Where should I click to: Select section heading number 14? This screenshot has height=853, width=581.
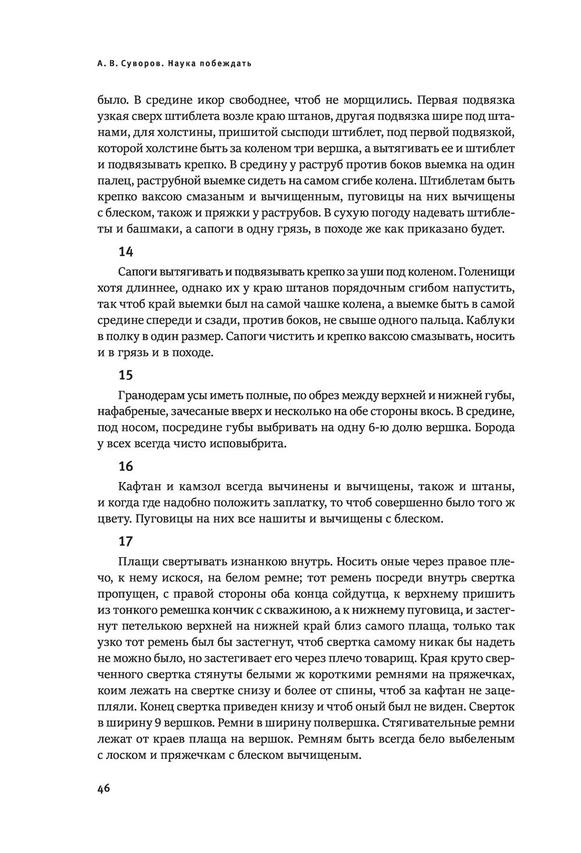[x=125, y=252]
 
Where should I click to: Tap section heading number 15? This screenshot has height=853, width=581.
[x=125, y=375]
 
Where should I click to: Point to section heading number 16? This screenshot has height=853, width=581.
[x=125, y=466]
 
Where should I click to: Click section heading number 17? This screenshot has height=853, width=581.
[x=125, y=541]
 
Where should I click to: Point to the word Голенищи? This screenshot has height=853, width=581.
[x=487, y=272]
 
